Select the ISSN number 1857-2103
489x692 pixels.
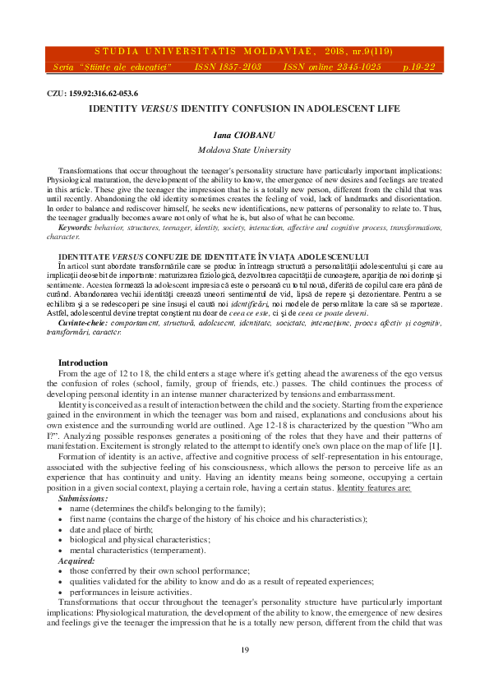(x=240, y=66)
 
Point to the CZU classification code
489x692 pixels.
(x=92, y=93)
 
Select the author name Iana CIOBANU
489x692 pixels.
(x=244, y=136)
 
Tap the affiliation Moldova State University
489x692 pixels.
(x=244, y=150)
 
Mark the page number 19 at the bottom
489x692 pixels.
(x=244, y=651)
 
